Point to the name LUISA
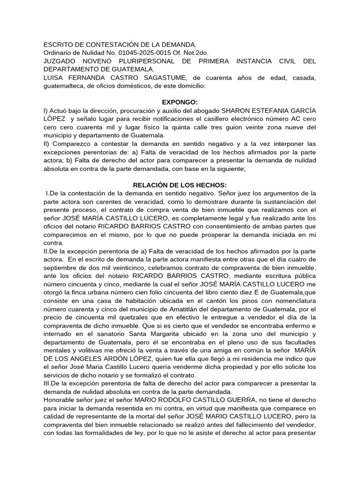pos(54,78)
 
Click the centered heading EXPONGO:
pos(180,102)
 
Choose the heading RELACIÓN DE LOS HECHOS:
pos(180,185)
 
